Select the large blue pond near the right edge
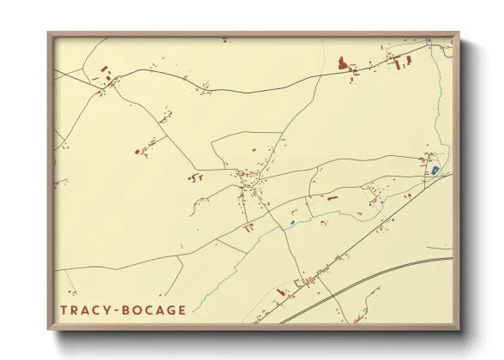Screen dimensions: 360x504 (x=435, y=171)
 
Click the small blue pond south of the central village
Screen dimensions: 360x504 (x=291, y=224)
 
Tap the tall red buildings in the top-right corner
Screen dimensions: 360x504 (x=399, y=61)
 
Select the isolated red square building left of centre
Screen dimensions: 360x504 (x=137, y=152)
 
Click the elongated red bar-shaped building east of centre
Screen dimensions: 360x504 (x=332, y=198)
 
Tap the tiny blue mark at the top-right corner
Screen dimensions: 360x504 (x=428, y=40)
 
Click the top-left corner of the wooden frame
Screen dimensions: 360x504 (x=50, y=35)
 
